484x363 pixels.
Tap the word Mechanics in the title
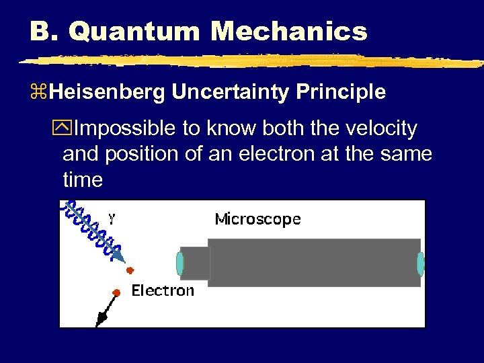289,31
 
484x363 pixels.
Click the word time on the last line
83,179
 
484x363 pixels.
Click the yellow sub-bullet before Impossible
67,128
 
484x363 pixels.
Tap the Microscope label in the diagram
257,218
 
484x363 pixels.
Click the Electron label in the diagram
163,290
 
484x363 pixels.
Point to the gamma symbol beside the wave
112,218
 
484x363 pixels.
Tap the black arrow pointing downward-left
104,312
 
